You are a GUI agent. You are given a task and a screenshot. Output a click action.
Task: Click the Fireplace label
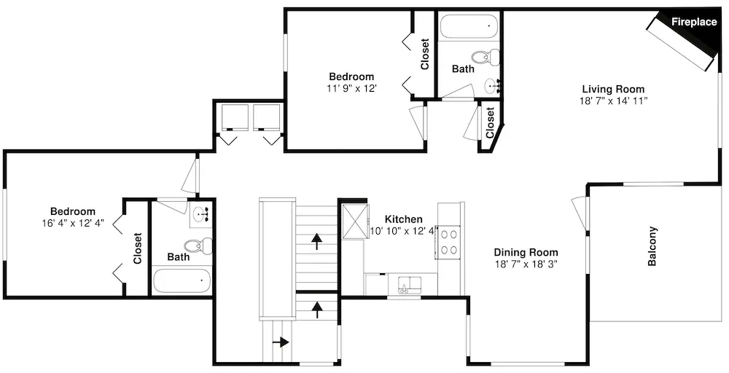694,22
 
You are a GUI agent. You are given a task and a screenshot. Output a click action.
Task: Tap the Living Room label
613,89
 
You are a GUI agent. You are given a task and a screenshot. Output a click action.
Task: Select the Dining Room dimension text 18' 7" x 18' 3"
526,264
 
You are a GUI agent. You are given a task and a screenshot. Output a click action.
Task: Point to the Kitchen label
404,219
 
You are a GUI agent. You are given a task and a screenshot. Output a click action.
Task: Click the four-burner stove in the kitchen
448,242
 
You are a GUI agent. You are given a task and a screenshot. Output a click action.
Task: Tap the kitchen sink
410,284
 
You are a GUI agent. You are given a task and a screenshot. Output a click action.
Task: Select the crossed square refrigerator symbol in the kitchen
355,221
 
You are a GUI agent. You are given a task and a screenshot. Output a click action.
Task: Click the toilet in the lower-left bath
198,246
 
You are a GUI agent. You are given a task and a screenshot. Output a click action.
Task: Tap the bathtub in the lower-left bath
182,280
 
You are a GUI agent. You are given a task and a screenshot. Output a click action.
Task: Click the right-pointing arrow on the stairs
281,342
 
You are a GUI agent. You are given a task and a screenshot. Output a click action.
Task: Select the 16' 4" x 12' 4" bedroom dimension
72,222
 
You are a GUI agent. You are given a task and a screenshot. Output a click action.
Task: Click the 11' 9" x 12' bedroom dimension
351,87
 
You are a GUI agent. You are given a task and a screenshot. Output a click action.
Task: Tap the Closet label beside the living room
490,122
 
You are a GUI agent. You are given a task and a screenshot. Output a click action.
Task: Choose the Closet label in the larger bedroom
137,248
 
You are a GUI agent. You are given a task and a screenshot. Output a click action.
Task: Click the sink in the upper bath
493,85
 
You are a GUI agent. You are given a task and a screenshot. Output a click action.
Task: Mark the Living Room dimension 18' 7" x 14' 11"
613,101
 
